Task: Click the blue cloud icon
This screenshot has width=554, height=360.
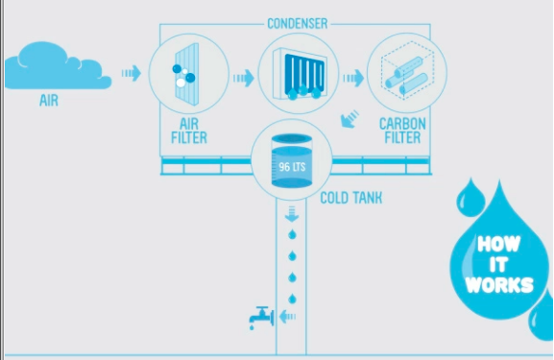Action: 59,66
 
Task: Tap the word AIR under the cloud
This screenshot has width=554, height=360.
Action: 49,101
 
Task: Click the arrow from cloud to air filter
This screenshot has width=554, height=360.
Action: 132,73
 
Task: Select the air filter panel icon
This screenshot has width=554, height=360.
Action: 187,74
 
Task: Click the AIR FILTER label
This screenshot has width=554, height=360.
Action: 189,131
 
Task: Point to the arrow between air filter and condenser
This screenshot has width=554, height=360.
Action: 244,78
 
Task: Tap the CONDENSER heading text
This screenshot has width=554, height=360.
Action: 298,24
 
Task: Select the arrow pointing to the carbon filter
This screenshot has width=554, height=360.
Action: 353,78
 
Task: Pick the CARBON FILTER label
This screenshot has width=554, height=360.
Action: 402,131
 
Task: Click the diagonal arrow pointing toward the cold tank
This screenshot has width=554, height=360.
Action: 349,119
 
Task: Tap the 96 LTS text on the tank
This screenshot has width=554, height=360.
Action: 292,167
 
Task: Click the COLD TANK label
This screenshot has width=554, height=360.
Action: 351,198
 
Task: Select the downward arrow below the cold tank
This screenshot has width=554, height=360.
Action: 292,214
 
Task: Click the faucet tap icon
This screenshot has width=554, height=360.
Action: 261,318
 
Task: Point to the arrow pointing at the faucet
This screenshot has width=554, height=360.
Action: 287,317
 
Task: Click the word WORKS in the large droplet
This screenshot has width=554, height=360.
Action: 499,284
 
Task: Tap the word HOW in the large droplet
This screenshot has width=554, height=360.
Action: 499,244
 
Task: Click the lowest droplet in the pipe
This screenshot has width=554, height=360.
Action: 292,299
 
